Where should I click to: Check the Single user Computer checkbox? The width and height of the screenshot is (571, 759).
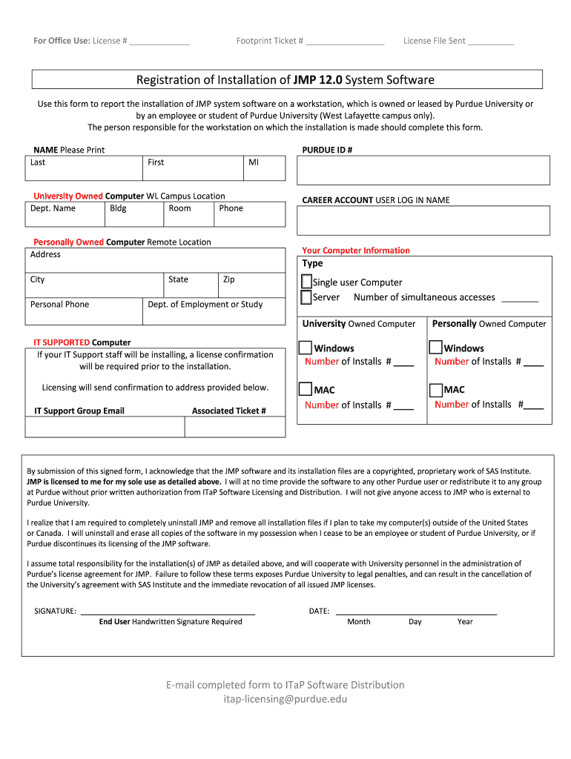pyautogui.click(x=306, y=282)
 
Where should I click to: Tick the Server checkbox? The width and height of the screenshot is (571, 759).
pyautogui.click(x=306, y=297)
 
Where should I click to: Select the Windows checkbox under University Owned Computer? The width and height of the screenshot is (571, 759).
pyautogui.click(x=305, y=348)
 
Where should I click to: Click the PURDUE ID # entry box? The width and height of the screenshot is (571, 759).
pyautogui.click(x=423, y=170)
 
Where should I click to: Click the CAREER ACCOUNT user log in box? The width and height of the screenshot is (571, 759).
pyautogui.click(x=423, y=220)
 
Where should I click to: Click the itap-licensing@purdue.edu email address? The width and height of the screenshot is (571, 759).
pyautogui.click(x=285, y=699)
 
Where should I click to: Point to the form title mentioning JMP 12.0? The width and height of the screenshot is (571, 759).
pyautogui.click(x=285, y=79)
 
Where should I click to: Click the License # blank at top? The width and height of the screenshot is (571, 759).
pyautogui.click(x=159, y=42)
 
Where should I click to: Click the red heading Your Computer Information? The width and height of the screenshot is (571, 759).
pyautogui.click(x=356, y=251)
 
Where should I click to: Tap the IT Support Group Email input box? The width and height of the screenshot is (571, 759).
pyautogui.click(x=105, y=427)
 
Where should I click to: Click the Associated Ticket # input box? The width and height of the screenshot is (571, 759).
pyautogui.click(x=234, y=427)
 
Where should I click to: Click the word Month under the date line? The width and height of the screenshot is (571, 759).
pyautogui.click(x=358, y=622)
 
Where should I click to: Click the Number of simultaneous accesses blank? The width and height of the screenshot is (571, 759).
pyautogui.click(x=520, y=298)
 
